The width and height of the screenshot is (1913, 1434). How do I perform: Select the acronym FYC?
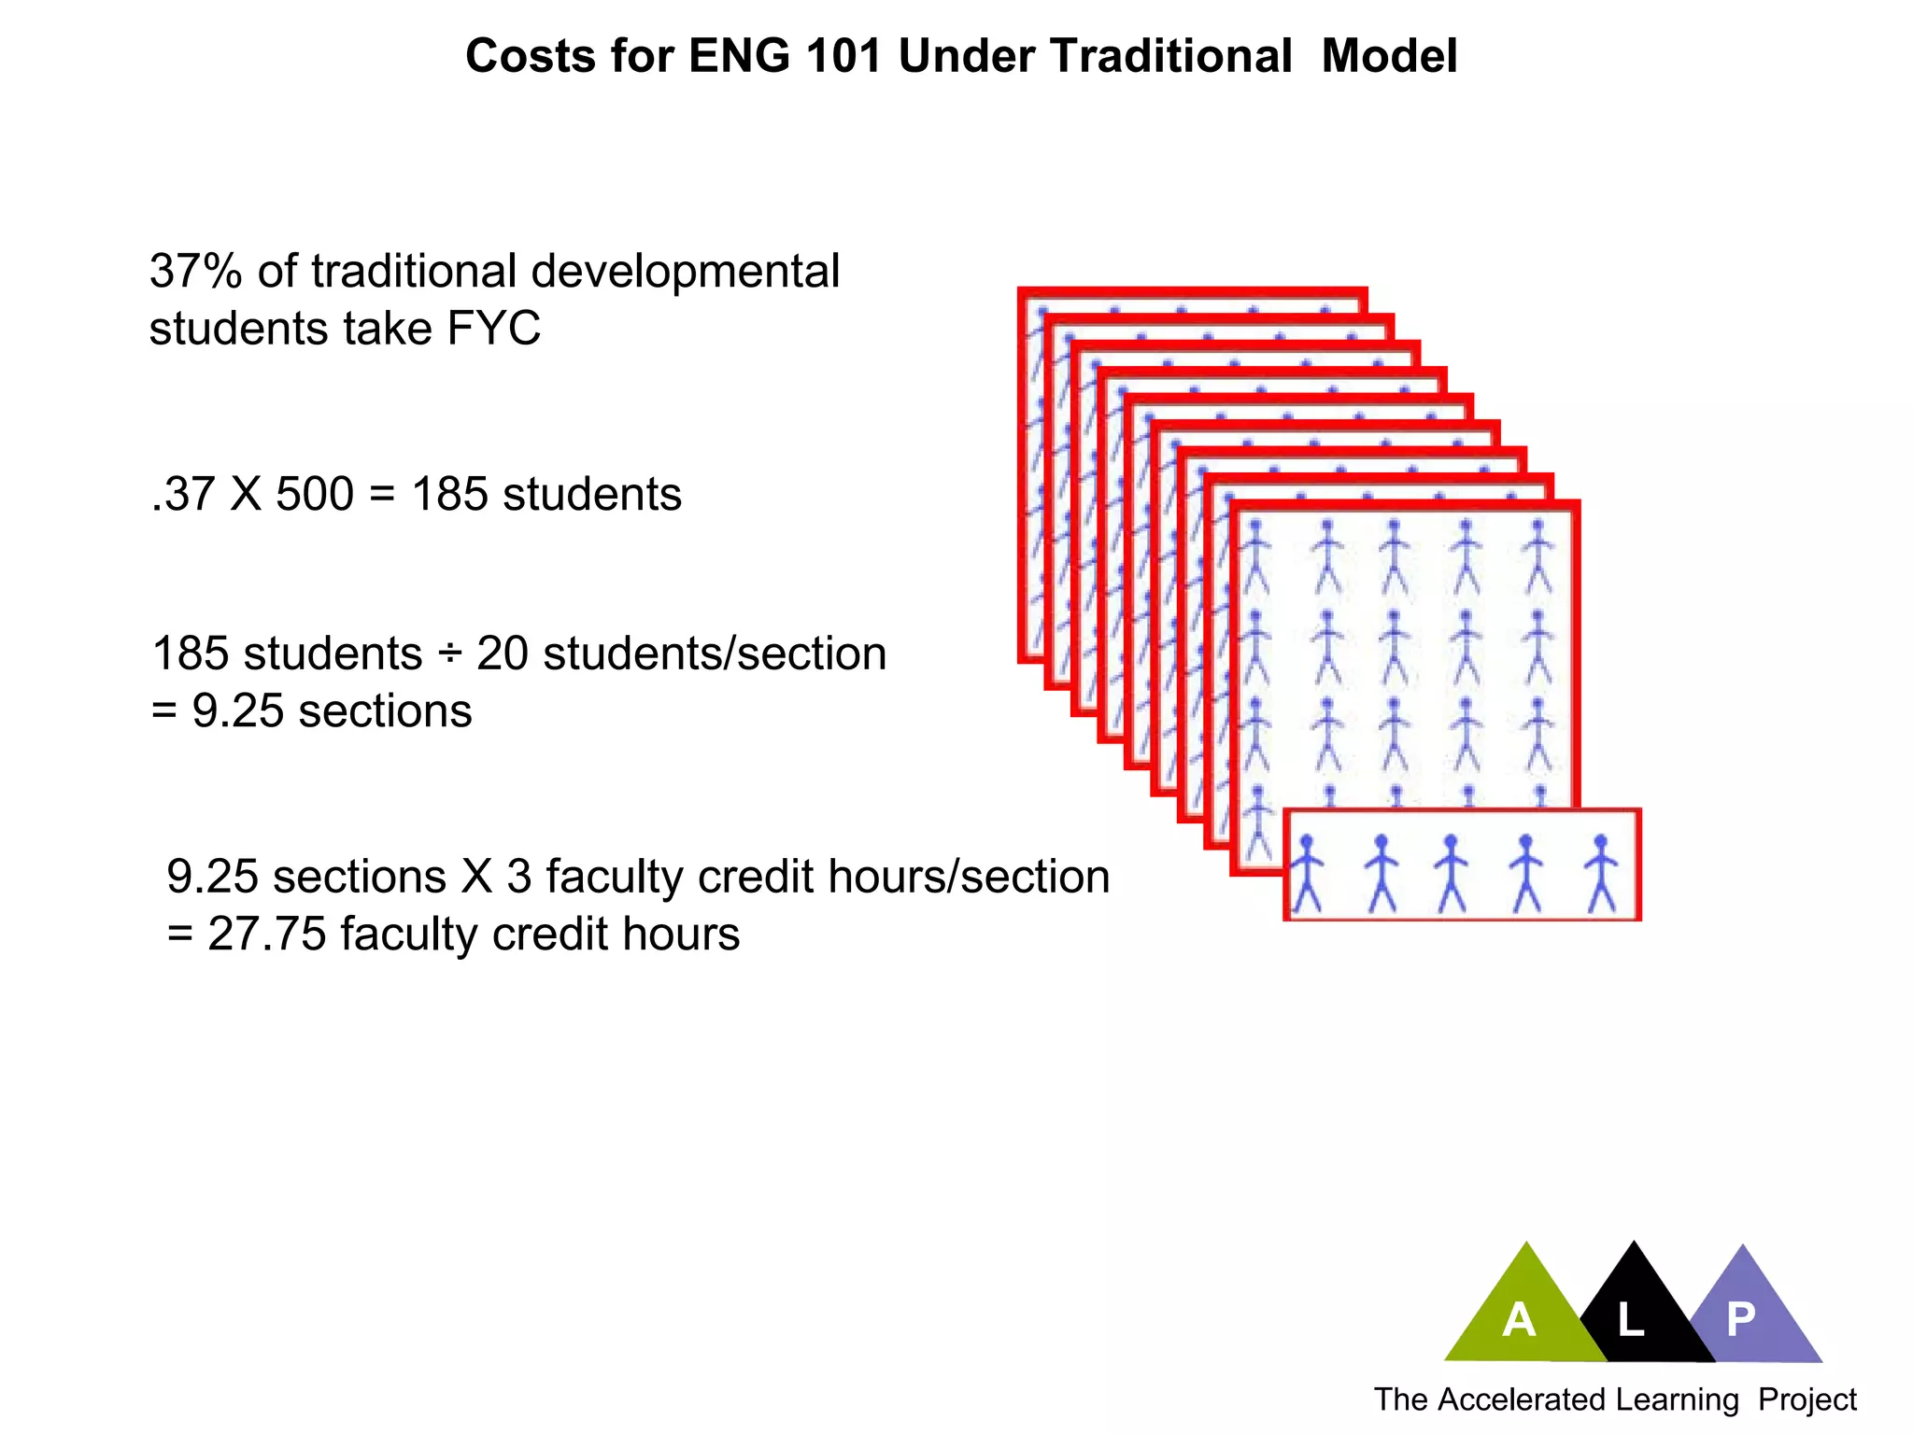[x=494, y=329]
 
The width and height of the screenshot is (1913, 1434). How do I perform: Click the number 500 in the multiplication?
[x=315, y=494]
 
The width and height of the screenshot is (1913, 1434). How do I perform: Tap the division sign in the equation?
[x=449, y=654]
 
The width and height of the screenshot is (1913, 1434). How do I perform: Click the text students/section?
[x=715, y=654]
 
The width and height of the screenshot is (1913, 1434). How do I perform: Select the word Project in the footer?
[x=1807, y=1399]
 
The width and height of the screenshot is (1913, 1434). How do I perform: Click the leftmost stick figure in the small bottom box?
[x=1307, y=873]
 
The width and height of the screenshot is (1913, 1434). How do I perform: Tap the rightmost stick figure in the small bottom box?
[x=1601, y=873]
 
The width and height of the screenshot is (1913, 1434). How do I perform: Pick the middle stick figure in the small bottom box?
[x=1451, y=873]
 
